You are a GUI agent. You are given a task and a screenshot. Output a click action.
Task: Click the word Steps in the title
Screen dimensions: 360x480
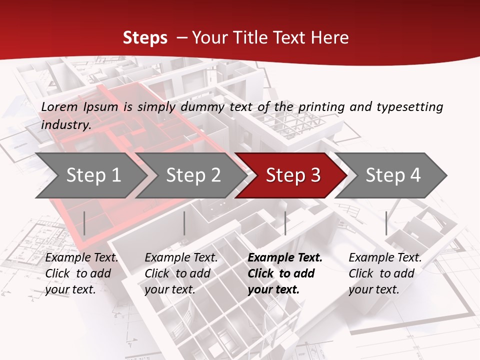[x=145, y=38]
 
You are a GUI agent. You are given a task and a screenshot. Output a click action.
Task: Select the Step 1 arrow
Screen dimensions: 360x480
[x=93, y=175]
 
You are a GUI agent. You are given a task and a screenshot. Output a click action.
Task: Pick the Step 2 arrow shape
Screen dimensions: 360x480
[x=193, y=175]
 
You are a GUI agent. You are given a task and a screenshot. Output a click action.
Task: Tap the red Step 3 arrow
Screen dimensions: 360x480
[x=293, y=175]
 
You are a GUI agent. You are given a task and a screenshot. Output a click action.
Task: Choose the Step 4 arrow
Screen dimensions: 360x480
[x=393, y=175]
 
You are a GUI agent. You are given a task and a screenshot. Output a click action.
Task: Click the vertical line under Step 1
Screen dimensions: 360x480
[x=84, y=223]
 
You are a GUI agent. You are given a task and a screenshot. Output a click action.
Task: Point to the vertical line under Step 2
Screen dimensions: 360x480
[x=184, y=223]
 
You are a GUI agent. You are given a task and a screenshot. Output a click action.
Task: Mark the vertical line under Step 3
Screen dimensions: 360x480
[x=285, y=223]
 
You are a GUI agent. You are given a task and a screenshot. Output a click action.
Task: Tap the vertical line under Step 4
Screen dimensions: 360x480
[x=386, y=223]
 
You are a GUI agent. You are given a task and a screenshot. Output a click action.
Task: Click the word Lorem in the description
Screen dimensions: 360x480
[x=59, y=107]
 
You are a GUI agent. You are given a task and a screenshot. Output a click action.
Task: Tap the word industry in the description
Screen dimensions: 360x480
[x=65, y=125]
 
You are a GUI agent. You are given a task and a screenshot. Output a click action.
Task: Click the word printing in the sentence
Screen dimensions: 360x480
[x=323, y=107]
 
